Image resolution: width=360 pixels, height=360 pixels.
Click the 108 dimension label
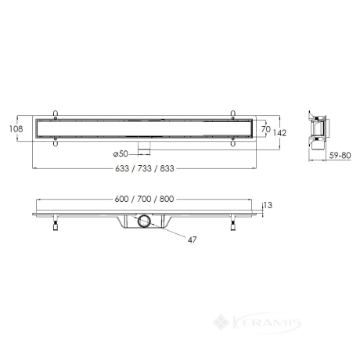16,128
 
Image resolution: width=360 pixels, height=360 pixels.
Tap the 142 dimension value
279,133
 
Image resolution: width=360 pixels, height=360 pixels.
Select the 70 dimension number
266,129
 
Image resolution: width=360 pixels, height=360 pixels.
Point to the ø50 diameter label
121,154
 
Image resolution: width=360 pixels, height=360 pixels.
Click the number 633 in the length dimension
122,168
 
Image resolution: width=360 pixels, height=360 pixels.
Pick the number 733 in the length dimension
145,168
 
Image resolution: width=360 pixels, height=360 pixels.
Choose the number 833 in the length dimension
167,168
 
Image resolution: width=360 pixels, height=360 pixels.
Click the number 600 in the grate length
121,199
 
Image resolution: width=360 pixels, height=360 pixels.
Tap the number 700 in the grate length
144,199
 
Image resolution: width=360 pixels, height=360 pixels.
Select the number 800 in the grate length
167,199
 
